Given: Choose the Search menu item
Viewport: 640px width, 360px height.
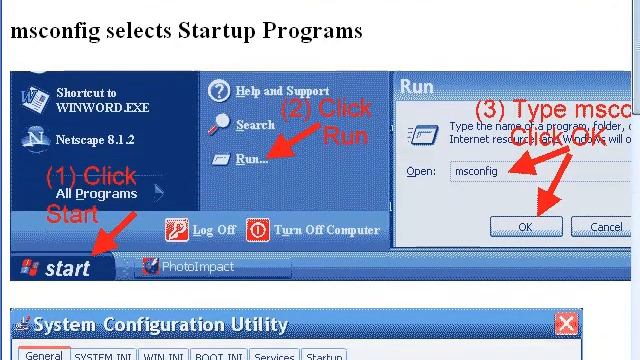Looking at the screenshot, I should coord(255,125).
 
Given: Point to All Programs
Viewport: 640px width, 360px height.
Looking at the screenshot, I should coord(96,193).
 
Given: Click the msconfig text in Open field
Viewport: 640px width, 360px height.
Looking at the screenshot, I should coord(477,172).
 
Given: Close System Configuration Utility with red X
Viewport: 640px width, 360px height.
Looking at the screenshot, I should coord(566,324).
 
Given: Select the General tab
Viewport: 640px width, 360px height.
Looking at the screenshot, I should coord(44,355).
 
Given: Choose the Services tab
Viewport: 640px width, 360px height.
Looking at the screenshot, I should coord(273,355).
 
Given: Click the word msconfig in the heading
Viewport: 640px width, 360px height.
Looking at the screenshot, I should coord(49,30).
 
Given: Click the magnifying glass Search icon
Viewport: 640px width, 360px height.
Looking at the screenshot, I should coord(220,124).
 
